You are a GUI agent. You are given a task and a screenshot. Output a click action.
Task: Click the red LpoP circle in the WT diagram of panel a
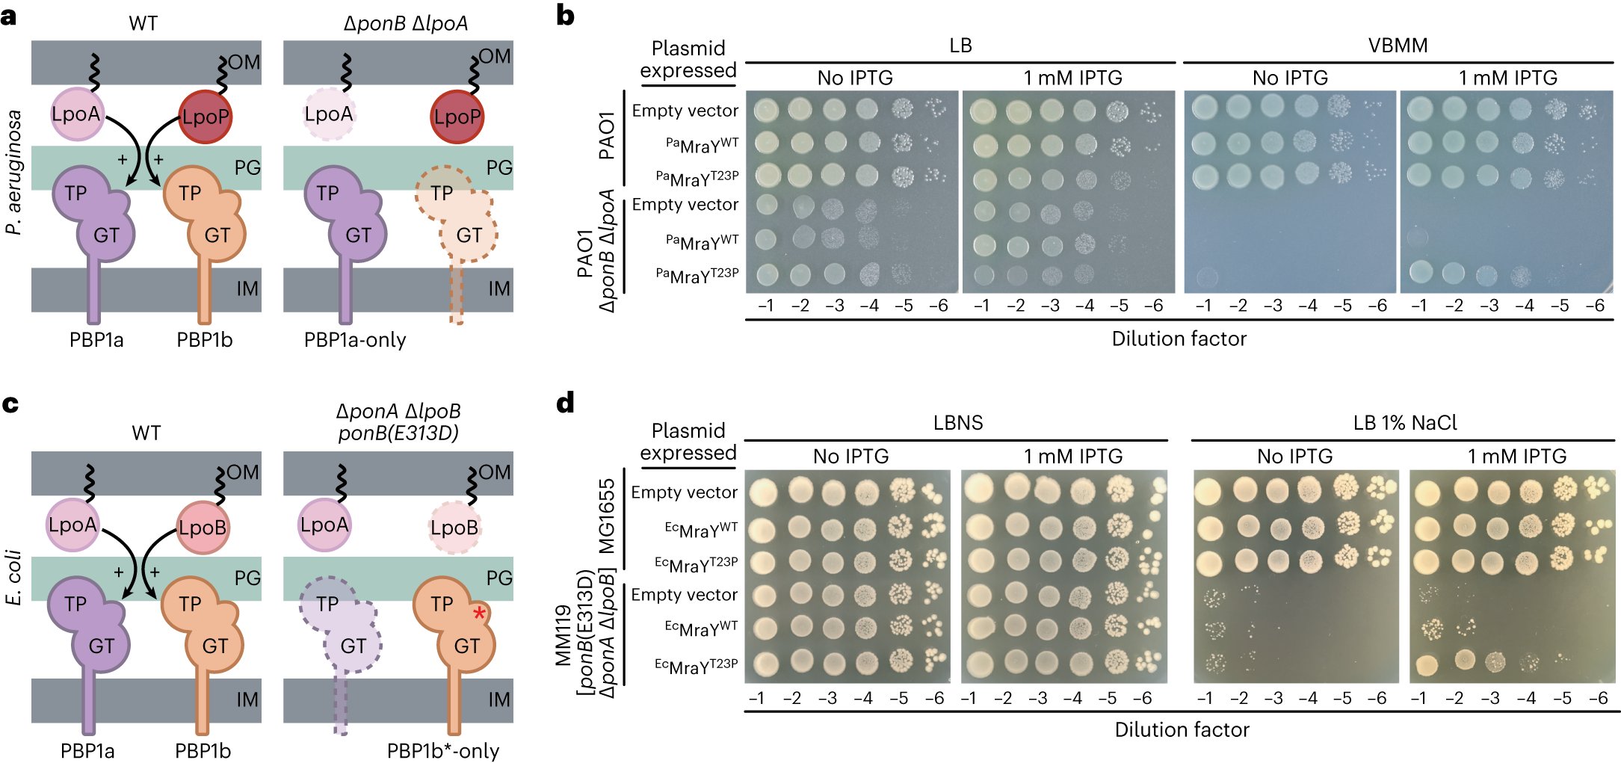(x=205, y=117)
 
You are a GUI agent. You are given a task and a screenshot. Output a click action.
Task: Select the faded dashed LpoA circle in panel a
(x=329, y=114)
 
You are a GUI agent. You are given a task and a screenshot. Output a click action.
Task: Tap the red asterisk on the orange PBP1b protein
(x=479, y=614)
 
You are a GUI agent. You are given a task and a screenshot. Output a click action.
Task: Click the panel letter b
(x=566, y=16)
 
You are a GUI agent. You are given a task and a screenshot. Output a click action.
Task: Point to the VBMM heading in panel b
(x=1398, y=46)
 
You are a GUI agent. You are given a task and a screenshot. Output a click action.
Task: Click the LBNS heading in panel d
(x=957, y=423)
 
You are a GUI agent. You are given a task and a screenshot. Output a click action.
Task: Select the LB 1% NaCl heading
(x=1405, y=423)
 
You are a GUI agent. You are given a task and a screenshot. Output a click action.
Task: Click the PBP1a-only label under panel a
(x=355, y=340)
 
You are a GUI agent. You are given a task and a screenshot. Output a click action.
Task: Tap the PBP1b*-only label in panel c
(x=443, y=750)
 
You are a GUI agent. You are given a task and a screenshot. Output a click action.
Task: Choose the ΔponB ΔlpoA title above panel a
(x=406, y=23)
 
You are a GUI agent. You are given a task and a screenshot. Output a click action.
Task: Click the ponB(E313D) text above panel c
(x=398, y=433)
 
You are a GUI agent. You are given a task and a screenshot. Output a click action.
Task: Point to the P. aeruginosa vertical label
(x=14, y=172)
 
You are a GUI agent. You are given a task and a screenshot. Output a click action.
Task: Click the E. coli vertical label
(x=14, y=577)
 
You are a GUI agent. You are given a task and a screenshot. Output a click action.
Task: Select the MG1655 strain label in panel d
(x=608, y=516)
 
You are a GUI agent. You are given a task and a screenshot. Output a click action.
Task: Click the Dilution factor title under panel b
(x=1179, y=339)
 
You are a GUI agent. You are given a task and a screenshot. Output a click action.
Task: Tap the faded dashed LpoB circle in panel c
(x=454, y=528)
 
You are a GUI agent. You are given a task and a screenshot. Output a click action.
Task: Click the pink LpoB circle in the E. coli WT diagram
(x=202, y=528)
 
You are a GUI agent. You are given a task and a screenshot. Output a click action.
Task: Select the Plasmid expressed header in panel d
(x=688, y=441)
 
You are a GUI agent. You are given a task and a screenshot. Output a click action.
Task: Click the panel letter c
(x=10, y=404)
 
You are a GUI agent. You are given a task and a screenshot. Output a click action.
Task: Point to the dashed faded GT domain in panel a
(x=469, y=235)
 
